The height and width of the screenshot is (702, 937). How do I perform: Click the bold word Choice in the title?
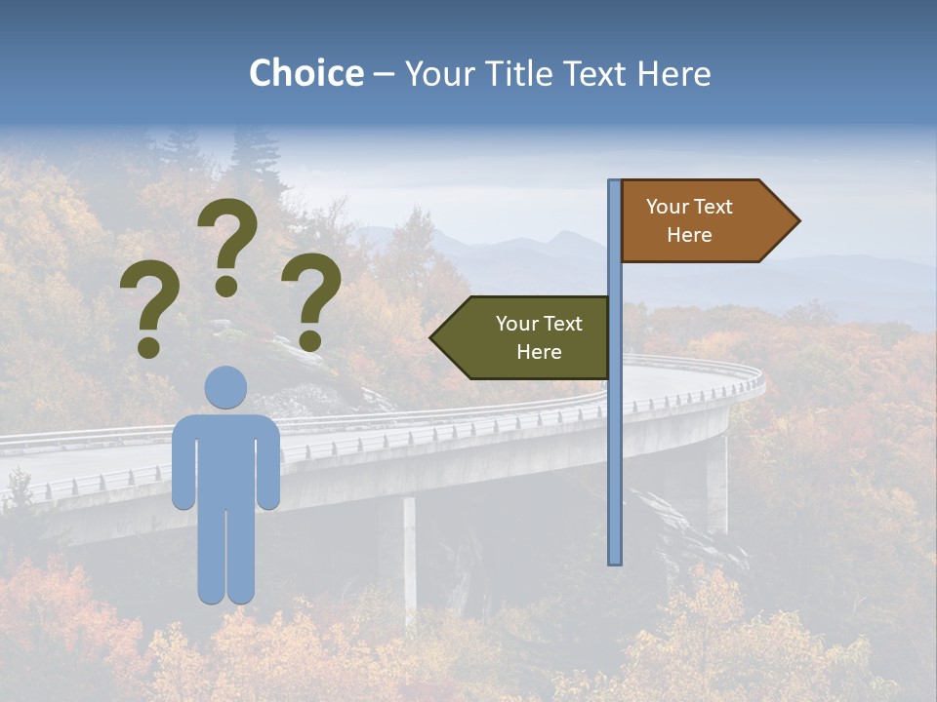306,73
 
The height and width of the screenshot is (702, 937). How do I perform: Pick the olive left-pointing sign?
527,337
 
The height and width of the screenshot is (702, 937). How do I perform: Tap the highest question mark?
227,244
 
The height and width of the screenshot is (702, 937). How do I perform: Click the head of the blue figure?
225,387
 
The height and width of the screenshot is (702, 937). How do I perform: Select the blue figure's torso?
225,458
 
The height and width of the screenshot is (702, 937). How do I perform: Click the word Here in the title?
674,73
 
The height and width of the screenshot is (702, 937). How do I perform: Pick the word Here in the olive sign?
539,352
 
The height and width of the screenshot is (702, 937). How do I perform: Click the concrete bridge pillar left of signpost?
409,556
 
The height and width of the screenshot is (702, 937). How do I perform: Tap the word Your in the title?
435,73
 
